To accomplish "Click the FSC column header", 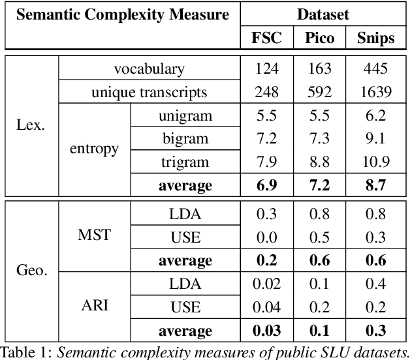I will click(266, 38).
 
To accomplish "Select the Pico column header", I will click(319, 38).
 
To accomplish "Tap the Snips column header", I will click(376, 38).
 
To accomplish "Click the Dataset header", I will click(323, 14).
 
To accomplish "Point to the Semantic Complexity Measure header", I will click(122, 14).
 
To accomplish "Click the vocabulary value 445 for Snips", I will click(376, 68).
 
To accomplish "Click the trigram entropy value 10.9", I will click(376, 161).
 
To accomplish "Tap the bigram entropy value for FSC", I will click(266, 138).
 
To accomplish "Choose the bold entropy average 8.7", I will click(376, 185).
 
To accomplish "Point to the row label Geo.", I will click(31, 269).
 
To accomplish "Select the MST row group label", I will click(94, 235).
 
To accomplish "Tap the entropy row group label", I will click(94, 149).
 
